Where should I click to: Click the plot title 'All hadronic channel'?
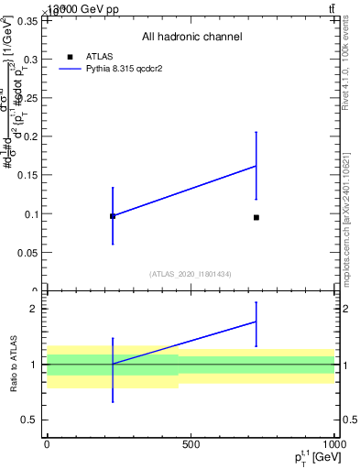click(191, 37)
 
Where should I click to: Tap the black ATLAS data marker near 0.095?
click(256, 217)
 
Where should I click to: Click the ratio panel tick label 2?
click(34, 309)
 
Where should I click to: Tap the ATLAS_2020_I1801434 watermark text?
click(191, 274)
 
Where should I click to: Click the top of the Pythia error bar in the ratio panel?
click(256, 302)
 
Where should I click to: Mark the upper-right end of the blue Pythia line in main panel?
click(256, 166)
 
